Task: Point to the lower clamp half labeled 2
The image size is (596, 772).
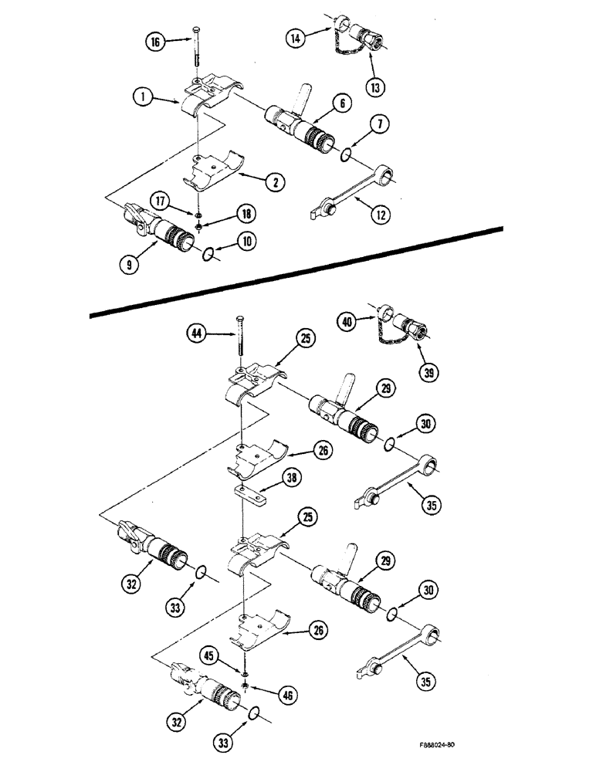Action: coord(215,174)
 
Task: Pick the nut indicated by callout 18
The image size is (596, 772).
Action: coord(198,226)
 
